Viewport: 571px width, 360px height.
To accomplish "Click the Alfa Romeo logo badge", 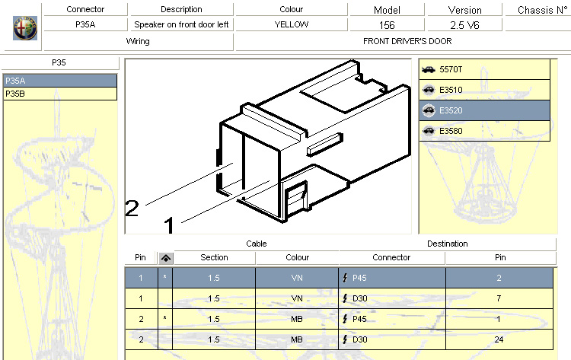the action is pyautogui.click(x=25, y=28).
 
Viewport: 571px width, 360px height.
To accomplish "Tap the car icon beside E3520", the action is pyautogui.click(x=429, y=110).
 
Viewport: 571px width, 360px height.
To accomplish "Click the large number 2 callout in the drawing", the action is pyautogui.click(x=132, y=209).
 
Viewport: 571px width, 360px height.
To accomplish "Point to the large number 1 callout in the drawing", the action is pyautogui.click(x=169, y=225).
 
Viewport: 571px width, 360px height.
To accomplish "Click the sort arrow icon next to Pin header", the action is pyautogui.click(x=166, y=258).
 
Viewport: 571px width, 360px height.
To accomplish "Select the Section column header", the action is pyautogui.click(x=214, y=257).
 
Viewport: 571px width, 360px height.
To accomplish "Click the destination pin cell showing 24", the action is pyautogui.click(x=499, y=339).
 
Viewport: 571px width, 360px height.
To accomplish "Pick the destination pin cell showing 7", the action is pyautogui.click(x=499, y=298).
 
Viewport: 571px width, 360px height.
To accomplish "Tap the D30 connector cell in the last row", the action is pyautogui.click(x=392, y=339).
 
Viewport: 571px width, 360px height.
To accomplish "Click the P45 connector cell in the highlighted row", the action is pyautogui.click(x=392, y=278).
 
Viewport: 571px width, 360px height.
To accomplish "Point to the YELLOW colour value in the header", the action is pyautogui.click(x=292, y=24).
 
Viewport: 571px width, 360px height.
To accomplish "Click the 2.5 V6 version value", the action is pyautogui.click(x=464, y=25).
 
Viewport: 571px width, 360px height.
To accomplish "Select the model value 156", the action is pyautogui.click(x=387, y=25).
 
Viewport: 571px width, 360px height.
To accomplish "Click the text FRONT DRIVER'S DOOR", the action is pyautogui.click(x=407, y=41).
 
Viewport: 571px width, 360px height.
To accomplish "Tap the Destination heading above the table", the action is pyautogui.click(x=447, y=244).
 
